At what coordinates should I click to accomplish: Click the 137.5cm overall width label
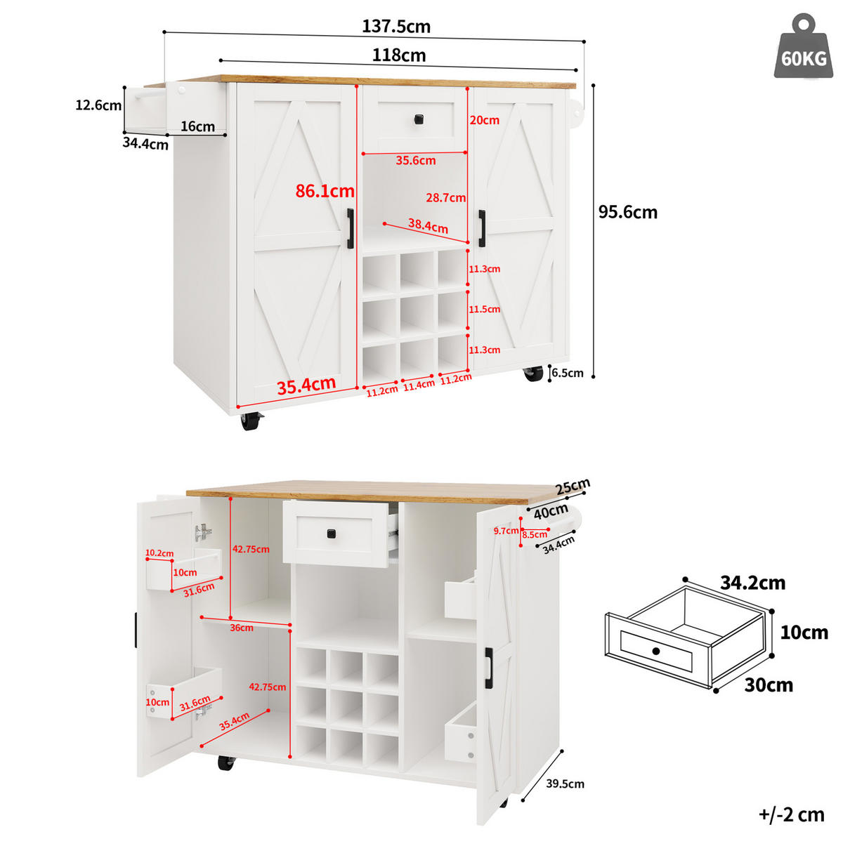[396, 27]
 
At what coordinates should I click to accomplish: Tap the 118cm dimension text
[399, 55]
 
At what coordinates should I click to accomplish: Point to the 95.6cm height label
[628, 212]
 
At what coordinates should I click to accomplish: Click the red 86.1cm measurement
[325, 191]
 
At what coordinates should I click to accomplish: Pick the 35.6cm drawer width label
[416, 160]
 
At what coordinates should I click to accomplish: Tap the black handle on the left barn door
[350, 228]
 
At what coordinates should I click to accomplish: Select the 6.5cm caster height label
[568, 373]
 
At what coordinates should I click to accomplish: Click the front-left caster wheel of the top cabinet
[250, 421]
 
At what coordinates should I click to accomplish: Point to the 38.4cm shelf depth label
[428, 225]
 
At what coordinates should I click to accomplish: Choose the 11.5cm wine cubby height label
[484, 309]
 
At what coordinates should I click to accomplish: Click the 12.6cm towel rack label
[98, 105]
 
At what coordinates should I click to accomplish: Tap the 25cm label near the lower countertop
[573, 486]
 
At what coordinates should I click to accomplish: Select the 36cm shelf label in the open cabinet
[242, 628]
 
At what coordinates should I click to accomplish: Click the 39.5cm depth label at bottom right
[565, 784]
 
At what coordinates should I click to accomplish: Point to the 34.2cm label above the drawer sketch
[752, 583]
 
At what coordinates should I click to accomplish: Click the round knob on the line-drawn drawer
[656, 651]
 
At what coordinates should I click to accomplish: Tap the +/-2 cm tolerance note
[791, 815]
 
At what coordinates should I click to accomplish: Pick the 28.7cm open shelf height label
[445, 197]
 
